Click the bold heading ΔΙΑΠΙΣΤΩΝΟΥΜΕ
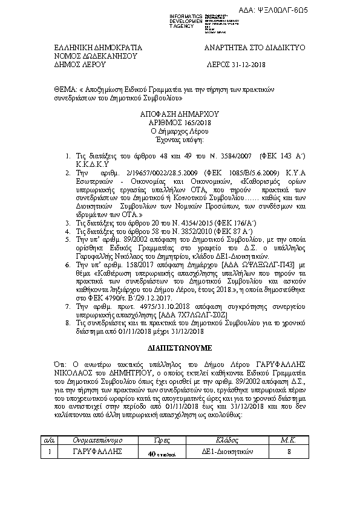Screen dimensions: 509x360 pos(180,349)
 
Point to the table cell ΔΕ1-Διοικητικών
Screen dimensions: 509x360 pos(226,452)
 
